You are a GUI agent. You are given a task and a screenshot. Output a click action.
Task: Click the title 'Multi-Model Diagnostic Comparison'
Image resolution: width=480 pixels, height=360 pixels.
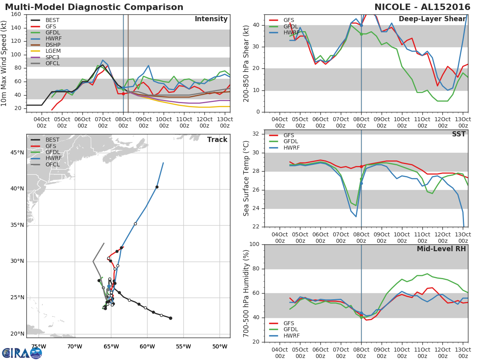click(x=94, y=7)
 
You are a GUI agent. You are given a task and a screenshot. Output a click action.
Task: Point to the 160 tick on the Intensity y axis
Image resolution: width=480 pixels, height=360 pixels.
click(x=17, y=14)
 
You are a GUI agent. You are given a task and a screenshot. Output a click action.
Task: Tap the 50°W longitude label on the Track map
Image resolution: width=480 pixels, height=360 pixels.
click(x=220, y=346)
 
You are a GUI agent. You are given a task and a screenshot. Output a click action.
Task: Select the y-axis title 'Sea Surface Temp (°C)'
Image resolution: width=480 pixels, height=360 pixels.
click(x=246, y=178)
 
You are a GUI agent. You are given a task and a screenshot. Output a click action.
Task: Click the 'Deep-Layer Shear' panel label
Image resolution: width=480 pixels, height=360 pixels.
click(x=432, y=19)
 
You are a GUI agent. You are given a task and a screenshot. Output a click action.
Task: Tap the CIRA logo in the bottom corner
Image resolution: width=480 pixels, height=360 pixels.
click(x=22, y=353)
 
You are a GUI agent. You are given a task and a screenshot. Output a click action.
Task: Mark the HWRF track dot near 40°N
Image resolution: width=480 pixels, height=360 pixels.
click(x=157, y=187)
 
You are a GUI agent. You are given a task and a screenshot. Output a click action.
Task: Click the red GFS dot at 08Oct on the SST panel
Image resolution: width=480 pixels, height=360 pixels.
click(x=361, y=166)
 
